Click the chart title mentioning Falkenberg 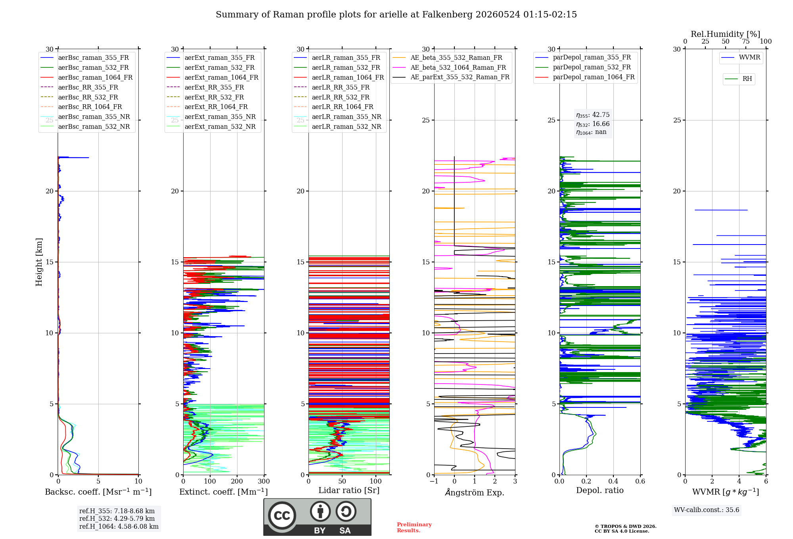tap(396, 15)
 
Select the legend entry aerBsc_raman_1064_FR tap(86, 77)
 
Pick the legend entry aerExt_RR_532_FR tap(205, 97)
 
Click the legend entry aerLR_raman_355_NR tap(337, 117)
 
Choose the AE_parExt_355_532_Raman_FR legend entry tap(451, 77)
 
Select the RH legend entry tap(738, 79)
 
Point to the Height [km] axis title tap(39, 262)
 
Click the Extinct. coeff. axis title tap(224, 492)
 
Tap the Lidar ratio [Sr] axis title tap(349, 490)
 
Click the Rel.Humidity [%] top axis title tap(726, 34)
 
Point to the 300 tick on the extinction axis tap(264, 482)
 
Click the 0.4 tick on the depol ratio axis tap(613, 482)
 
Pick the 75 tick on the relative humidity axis tap(746, 42)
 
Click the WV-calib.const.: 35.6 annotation tap(707, 510)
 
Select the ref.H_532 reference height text tap(117, 518)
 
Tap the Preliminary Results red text tap(414, 528)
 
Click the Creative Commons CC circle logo tap(282, 516)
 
